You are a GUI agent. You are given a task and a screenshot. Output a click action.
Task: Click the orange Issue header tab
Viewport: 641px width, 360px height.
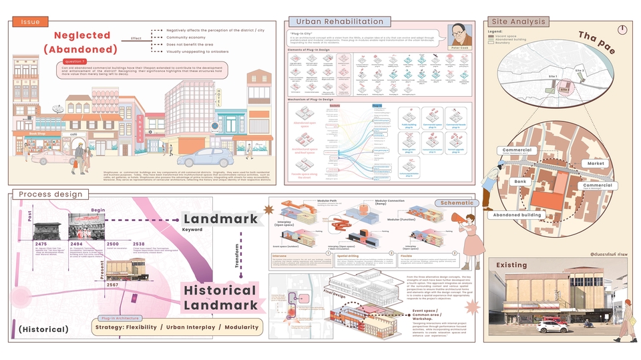pos(30,22)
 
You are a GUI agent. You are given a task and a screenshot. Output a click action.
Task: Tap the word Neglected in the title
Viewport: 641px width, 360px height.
pos(73,35)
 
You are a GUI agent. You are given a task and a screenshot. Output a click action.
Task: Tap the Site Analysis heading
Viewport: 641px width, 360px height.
pos(518,22)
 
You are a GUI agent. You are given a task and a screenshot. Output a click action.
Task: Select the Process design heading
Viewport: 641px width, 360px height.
pos(51,194)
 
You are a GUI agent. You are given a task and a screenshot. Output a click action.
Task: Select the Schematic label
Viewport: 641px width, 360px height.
pos(457,202)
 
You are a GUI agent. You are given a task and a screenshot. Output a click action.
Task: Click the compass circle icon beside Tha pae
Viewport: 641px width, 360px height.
pos(622,29)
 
